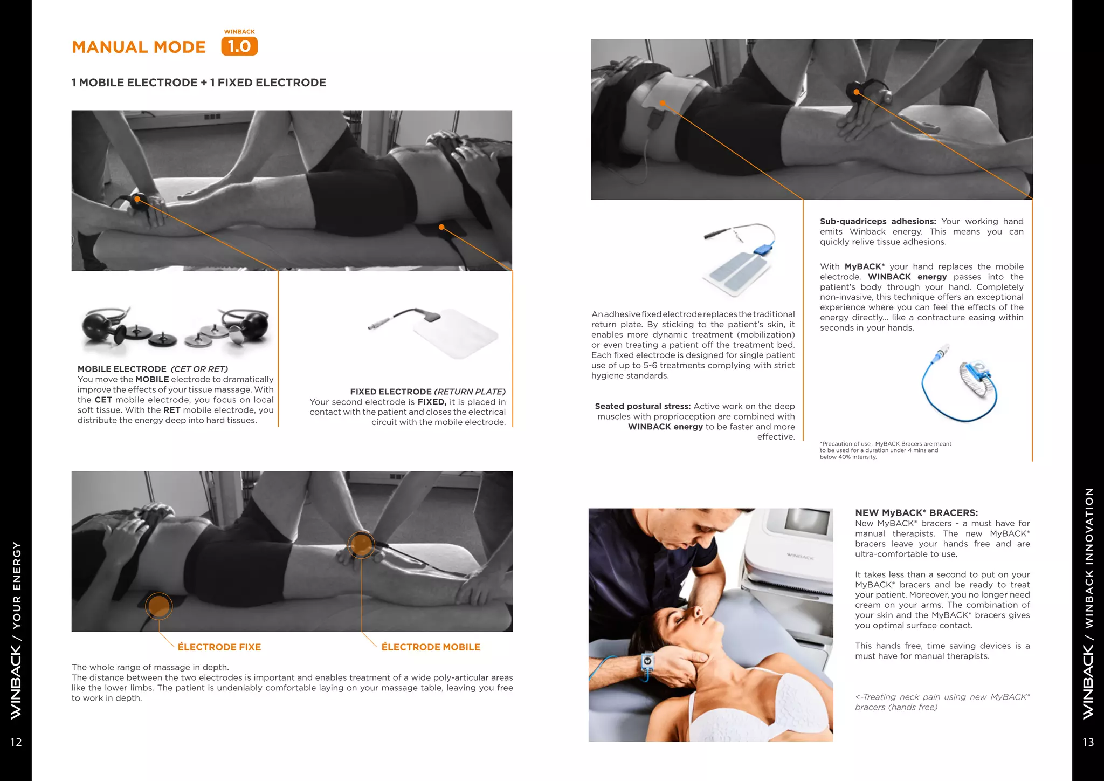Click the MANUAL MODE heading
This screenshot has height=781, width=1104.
click(x=139, y=47)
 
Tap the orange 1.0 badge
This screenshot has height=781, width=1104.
click(x=239, y=46)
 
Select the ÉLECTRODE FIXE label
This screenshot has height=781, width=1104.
click(x=219, y=647)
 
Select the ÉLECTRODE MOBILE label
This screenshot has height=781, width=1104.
click(x=431, y=647)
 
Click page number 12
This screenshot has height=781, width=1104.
click(x=16, y=742)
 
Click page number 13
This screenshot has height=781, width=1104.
click(x=1088, y=742)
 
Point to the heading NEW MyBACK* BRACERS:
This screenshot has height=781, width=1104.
click(x=916, y=513)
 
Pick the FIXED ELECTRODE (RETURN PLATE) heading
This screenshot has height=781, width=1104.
click(x=427, y=392)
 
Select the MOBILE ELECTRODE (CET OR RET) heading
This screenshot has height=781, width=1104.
click(x=153, y=369)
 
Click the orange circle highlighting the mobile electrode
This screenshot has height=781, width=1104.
click(x=361, y=544)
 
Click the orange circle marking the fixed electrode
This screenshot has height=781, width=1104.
click(x=159, y=606)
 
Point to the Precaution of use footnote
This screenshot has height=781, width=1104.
click(x=885, y=450)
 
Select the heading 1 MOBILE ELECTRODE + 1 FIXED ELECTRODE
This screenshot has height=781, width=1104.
click(x=199, y=83)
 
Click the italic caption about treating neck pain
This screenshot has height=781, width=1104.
click(x=942, y=702)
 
